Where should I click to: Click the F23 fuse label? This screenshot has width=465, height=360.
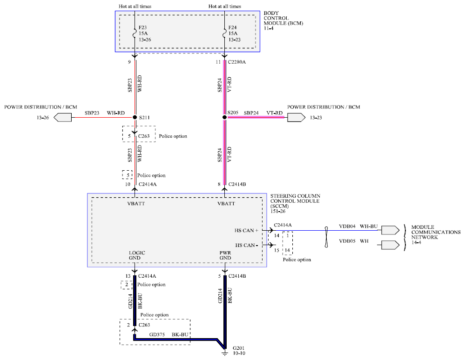[x=142, y=27]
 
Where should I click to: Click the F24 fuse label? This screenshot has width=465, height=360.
[x=233, y=27]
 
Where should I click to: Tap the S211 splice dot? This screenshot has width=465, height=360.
[x=135, y=117]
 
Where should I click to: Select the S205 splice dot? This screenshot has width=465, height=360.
[x=224, y=117]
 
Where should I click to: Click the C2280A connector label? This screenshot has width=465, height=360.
[x=236, y=62]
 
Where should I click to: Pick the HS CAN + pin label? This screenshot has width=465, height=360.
[x=246, y=231]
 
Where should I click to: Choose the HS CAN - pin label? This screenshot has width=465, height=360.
[x=246, y=245]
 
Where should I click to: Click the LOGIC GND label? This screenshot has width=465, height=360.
[x=137, y=255]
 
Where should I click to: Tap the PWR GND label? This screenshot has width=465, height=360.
[x=225, y=255]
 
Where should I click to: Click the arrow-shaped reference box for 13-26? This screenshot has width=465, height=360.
[x=62, y=118]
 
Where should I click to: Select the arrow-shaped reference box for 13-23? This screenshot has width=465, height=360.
[x=296, y=118]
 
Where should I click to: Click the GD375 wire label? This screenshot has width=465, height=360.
[x=157, y=334]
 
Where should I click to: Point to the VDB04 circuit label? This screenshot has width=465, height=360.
[x=347, y=227]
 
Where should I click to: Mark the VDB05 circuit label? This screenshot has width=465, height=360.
[x=347, y=241]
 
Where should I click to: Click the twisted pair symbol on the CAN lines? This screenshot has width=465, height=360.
[x=326, y=237]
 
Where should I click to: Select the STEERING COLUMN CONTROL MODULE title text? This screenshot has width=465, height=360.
[x=296, y=201]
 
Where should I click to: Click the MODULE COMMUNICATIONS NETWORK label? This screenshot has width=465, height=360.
[x=436, y=232]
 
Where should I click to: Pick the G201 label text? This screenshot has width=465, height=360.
[x=238, y=348]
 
